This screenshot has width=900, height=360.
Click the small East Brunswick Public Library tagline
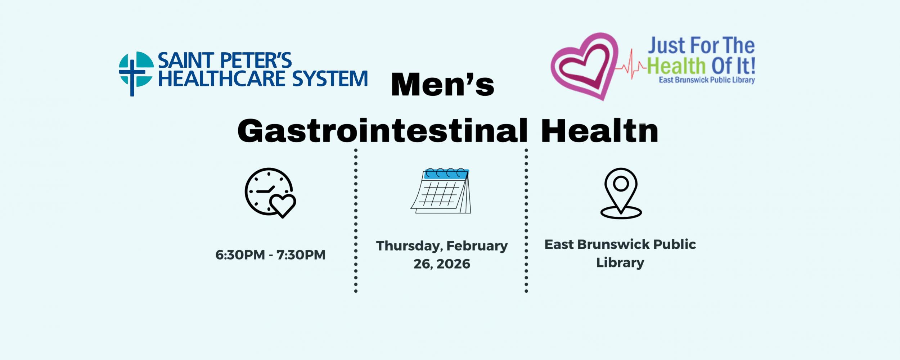706,80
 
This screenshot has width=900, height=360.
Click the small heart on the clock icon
283,206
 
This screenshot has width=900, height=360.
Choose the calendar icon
441,191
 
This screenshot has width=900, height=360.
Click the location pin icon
621,193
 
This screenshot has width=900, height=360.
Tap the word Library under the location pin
620,263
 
